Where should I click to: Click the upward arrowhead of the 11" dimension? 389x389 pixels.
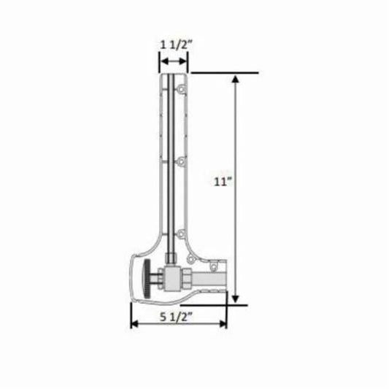pos(235,79)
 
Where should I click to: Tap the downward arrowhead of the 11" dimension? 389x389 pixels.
pos(235,299)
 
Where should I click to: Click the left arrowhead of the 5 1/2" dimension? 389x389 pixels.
pos(134,325)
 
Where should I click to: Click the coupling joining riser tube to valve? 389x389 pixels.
pos(171,257)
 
